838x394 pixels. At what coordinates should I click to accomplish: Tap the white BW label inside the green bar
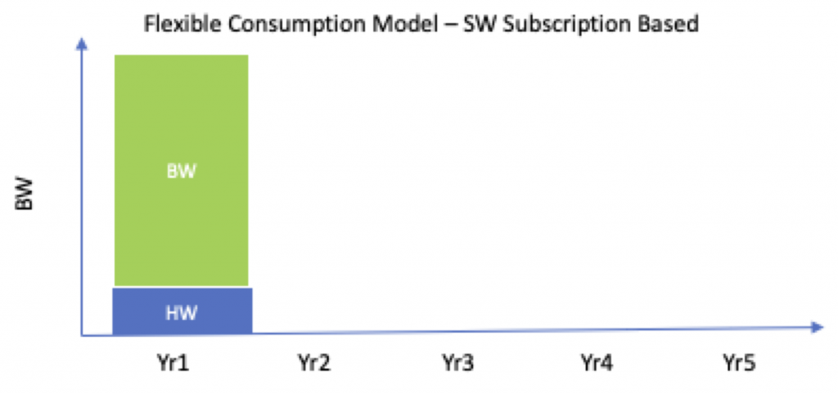point(181,173)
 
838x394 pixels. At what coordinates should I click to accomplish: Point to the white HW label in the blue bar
point(181,311)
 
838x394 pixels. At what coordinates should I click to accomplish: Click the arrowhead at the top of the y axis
point(81,43)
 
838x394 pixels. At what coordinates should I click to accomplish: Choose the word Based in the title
point(669,25)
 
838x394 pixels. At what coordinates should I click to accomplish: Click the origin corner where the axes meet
point(82,335)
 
